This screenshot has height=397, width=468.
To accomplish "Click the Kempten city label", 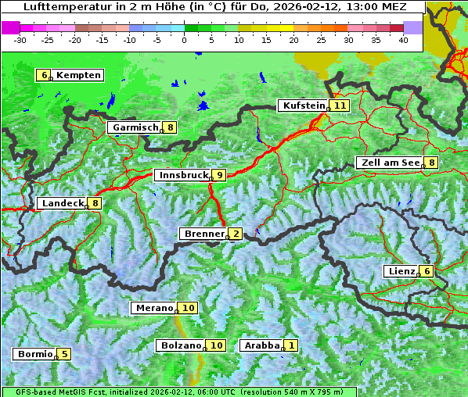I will (78, 75).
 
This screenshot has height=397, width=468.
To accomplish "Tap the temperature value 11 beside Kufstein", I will (340, 106).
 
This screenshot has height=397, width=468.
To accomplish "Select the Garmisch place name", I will (135, 127).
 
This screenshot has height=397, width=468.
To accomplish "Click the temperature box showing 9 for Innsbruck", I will (220, 175).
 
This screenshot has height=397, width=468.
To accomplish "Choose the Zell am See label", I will (389, 163).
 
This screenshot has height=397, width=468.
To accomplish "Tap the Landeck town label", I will (62, 203).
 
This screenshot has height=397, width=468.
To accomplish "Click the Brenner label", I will (203, 234).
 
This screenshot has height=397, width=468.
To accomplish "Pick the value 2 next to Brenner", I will (235, 234).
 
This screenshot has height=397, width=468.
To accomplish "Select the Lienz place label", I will (401, 271).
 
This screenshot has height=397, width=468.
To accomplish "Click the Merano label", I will (153, 308).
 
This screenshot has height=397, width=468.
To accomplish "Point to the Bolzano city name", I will (181, 345).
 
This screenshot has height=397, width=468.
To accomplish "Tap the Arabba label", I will (261, 345).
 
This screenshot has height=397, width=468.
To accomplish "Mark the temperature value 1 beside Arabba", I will (291, 345).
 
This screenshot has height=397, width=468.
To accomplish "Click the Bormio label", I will (34, 354).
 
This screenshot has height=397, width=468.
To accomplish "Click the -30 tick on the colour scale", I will (20, 39).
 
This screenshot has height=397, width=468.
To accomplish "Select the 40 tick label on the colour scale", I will (403, 39).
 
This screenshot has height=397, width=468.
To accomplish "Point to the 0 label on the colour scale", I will (185, 39).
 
